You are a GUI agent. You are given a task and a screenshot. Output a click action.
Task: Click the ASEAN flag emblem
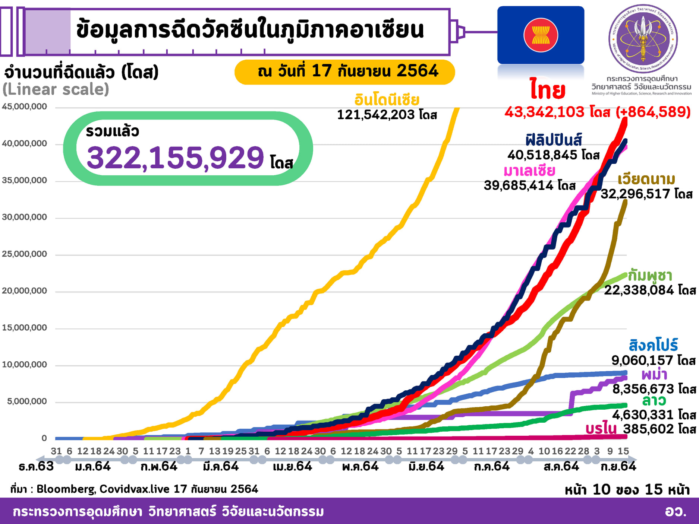click(x=541, y=35)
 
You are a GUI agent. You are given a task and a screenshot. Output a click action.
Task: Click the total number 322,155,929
click(x=175, y=158)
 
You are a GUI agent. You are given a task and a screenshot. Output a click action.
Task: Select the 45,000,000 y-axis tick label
click(x=25, y=107)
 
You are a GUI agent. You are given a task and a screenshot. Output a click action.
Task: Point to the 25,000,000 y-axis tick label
click(x=25, y=254)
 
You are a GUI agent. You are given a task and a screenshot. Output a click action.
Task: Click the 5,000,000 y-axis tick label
click(x=27, y=401)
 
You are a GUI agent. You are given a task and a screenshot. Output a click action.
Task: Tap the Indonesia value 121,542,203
click(x=376, y=115)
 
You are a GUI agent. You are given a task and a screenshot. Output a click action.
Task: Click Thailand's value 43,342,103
click(x=544, y=112)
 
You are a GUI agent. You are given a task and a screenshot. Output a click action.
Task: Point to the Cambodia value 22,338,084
click(x=639, y=290)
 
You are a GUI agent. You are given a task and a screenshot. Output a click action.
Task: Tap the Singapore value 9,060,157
click(x=642, y=360)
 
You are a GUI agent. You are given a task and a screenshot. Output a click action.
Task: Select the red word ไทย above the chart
click(x=548, y=90)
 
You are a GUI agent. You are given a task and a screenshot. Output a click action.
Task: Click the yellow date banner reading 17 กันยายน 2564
click(x=345, y=72)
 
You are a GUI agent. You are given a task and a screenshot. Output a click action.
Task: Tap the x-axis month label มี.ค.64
click(x=221, y=466)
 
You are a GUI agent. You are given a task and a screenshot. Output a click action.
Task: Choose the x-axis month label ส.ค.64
click(x=561, y=466)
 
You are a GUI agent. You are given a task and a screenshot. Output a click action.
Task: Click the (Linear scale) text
click(x=56, y=89)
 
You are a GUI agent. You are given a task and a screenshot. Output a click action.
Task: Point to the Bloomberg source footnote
click(x=134, y=489)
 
